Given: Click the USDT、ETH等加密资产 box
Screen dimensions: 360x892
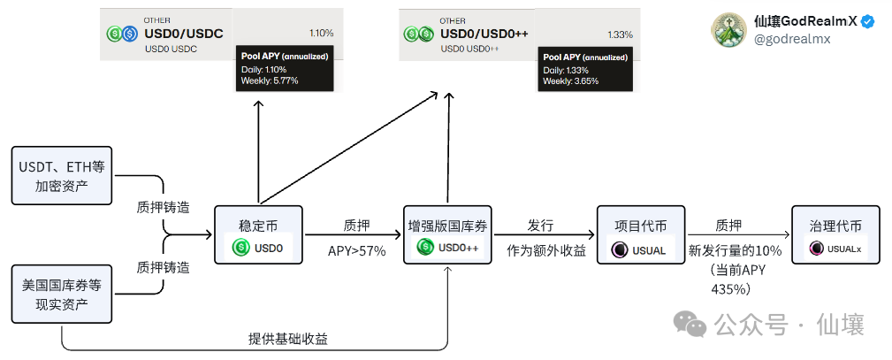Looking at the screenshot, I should [x=62, y=173].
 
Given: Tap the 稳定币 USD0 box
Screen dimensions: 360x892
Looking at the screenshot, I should [x=258, y=234].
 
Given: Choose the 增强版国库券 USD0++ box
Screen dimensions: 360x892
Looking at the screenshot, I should [x=448, y=234].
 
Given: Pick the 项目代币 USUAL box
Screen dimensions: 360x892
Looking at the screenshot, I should [x=637, y=234].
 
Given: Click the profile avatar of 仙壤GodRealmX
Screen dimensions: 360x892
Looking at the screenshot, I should [x=729, y=30].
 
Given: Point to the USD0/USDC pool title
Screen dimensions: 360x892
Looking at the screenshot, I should [x=184, y=34].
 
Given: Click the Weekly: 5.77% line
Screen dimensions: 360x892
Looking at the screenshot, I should [x=270, y=80].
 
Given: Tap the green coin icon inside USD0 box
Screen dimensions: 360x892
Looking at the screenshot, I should [x=240, y=249].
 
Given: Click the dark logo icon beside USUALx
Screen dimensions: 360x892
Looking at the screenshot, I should [x=816, y=249].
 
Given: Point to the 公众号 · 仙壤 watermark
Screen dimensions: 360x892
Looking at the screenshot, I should [x=768, y=325].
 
